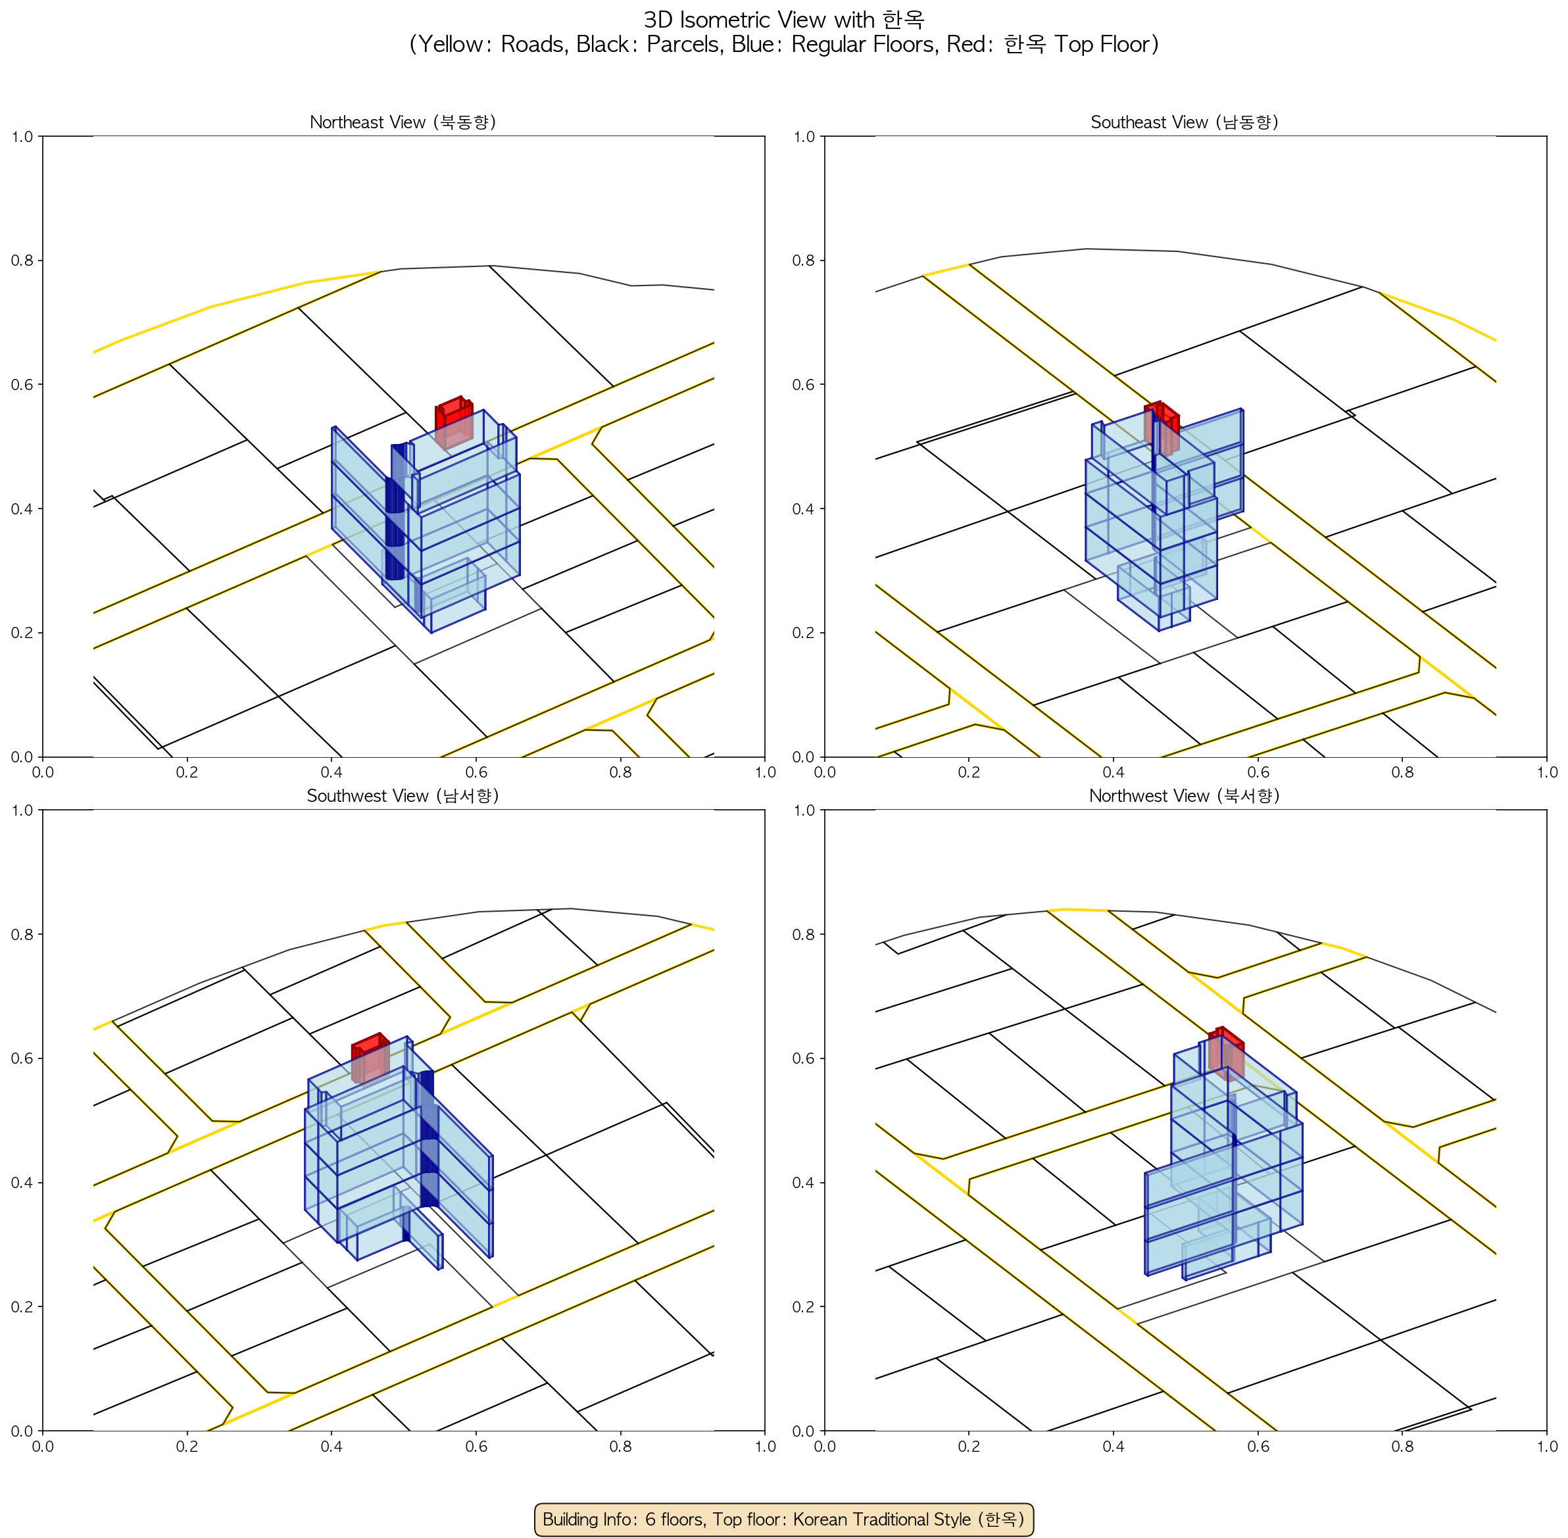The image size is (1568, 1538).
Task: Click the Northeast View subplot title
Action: tap(403, 122)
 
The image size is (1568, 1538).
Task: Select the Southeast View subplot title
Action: tap(1185, 122)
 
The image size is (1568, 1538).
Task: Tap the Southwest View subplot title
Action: tap(403, 796)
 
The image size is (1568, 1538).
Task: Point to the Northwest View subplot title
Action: tap(1185, 796)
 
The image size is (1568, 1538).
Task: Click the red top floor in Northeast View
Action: tap(454, 422)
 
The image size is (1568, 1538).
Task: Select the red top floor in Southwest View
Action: tap(370, 1057)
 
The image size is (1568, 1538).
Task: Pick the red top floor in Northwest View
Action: tap(1226, 1053)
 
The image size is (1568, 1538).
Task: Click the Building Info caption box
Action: tap(783, 1519)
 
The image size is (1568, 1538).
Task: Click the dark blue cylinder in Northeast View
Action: tap(395, 512)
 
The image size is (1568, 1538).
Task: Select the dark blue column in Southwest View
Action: tap(428, 1139)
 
